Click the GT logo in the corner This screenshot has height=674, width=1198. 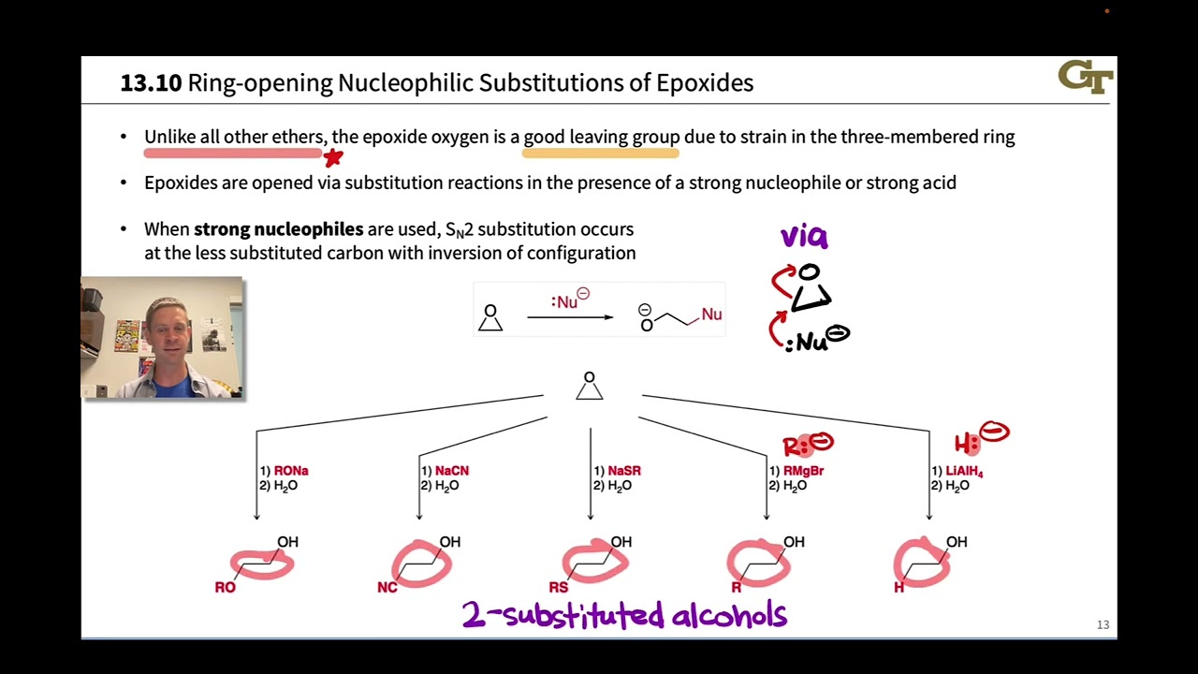click(1085, 77)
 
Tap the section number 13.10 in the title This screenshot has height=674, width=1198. click(151, 83)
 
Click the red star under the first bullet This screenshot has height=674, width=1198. click(333, 157)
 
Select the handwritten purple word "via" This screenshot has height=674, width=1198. click(804, 236)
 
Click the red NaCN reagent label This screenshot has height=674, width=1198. click(452, 471)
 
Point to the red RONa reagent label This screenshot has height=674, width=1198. click(291, 471)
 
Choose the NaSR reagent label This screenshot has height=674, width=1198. click(624, 471)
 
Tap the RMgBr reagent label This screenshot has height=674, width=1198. click(803, 471)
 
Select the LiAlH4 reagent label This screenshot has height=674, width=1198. click(964, 472)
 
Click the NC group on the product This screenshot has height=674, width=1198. click(387, 588)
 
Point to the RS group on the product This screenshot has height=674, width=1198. click(559, 588)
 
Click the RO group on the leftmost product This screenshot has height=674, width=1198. click(225, 588)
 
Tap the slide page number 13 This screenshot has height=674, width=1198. click(1103, 624)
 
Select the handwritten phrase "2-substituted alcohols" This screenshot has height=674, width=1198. click(624, 615)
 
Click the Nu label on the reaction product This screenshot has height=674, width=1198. click(711, 315)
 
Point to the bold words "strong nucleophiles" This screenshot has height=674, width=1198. click(278, 229)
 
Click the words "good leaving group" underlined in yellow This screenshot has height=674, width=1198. click(602, 138)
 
